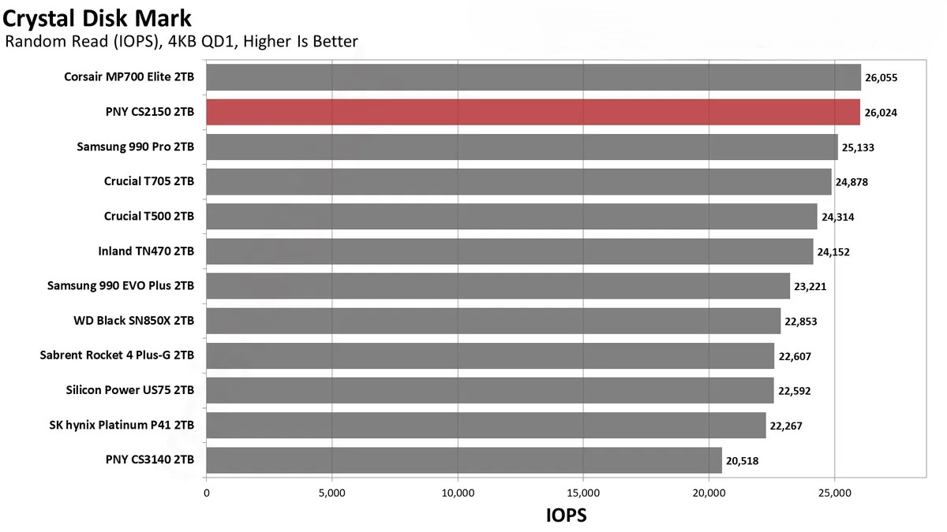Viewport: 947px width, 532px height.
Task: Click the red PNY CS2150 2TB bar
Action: pyautogui.click(x=533, y=112)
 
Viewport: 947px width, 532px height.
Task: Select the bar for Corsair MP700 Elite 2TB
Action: pyautogui.click(x=533, y=77)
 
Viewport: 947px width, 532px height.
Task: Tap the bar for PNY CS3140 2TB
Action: pyautogui.click(x=463, y=460)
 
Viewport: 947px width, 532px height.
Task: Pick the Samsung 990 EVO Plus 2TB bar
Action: pyautogui.click(x=497, y=286)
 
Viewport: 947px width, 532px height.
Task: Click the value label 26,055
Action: pyautogui.click(x=881, y=78)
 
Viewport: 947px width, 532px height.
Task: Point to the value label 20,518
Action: pyautogui.click(x=743, y=461)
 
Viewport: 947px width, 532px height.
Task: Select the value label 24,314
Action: pyautogui.click(x=837, y=217)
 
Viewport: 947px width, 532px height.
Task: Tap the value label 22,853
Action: pyautogui.click(x=801, y=322)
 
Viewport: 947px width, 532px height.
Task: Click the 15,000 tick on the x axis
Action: pyautogui.click(x=582, y=493)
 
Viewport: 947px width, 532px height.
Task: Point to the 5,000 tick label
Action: pyautogui.click(x=331, y=493)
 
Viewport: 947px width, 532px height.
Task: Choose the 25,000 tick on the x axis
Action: pyautogui.click(x=834, y=493)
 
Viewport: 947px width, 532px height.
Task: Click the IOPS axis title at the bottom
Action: pyautogui.click(x=567, y=515)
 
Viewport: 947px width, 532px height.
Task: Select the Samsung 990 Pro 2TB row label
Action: pyautogui.click(x=136, y=147)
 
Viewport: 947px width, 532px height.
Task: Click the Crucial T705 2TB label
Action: pyautogui.click(x=149, y=181)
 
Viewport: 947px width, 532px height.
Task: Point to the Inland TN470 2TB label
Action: pyautogui.click(x=146, y=251)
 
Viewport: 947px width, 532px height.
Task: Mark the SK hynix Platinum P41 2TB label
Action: pyautogui.click(x=122, y=426)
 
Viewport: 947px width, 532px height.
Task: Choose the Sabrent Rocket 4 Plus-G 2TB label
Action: pyautogui.click(x=117, y=356)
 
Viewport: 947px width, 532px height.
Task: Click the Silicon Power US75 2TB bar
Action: pyautogui.click(x=489, y=391)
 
